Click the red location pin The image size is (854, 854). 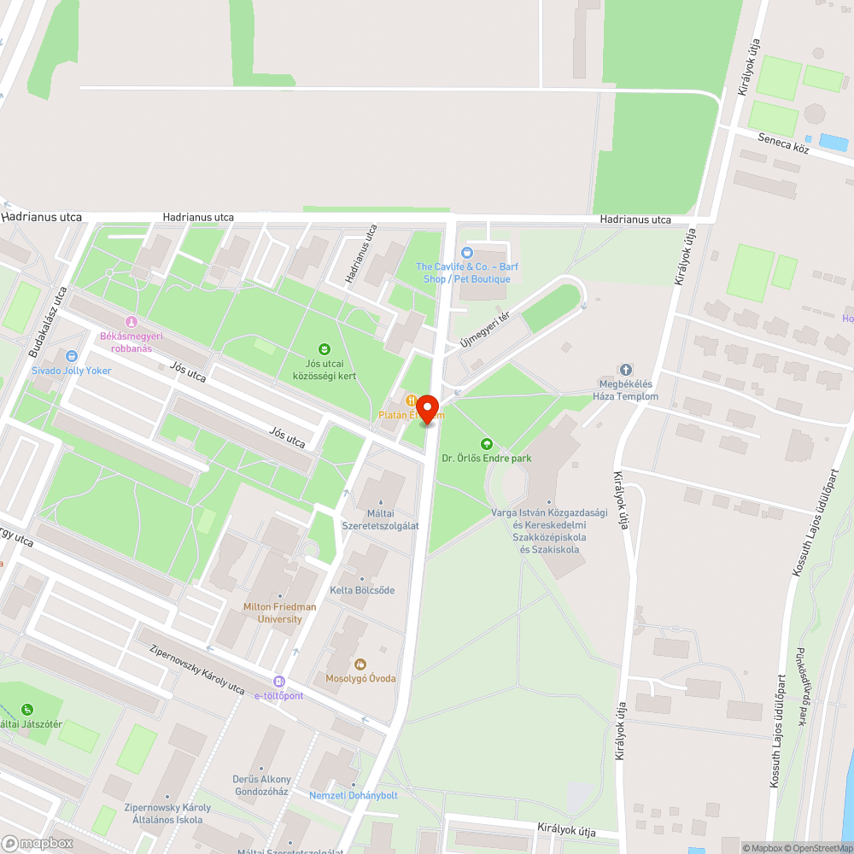click(427, 408)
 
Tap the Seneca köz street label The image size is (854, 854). click(783, 142)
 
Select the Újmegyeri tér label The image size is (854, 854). click(485, 330)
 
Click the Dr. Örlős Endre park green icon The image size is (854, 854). click(487, 443)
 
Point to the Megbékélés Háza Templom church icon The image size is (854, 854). click(626, 370)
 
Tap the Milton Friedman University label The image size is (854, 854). click(279, 612)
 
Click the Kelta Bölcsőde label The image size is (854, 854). click(362, 590)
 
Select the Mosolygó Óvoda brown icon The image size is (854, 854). click(360, 664)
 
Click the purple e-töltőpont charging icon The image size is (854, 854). click(279, 681)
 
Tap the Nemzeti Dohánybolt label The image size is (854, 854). click(353, 795)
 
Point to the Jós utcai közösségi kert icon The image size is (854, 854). click(325, 348)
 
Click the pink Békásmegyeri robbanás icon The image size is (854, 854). click(132, 322)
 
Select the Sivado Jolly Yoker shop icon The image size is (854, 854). click(72, 356)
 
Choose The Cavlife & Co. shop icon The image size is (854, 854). click(466, 252)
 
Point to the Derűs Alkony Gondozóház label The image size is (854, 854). click(261, 785)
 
